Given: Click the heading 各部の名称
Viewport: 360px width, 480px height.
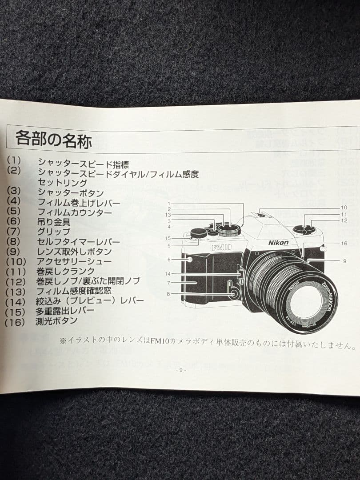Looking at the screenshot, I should click(53, 139).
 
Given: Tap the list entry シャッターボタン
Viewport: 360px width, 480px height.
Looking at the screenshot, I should click(70, 193).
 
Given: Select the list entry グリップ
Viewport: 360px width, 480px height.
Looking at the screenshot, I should click(53, 232).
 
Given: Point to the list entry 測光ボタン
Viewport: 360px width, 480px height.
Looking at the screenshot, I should click(56, 321).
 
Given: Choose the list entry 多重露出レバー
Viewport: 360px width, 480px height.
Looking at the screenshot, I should click(65, 311).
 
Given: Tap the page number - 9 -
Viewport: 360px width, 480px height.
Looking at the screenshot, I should click(181, 370).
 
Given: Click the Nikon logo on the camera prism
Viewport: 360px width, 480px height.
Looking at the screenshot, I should click(278, 242).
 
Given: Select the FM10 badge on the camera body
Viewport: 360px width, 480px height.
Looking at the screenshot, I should click(221, 248).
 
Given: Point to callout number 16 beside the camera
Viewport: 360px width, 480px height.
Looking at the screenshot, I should click(344, 244).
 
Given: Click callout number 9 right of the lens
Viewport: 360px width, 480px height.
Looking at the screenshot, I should click(344, 261).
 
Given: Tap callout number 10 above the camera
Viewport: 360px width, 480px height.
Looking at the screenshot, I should click(344, 208).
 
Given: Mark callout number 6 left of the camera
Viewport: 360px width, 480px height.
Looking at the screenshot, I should click(169, 260).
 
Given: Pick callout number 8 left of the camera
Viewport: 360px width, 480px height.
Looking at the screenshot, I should click(169, 294).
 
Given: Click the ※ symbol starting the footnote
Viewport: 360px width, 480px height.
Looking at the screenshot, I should click(63, 341).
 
